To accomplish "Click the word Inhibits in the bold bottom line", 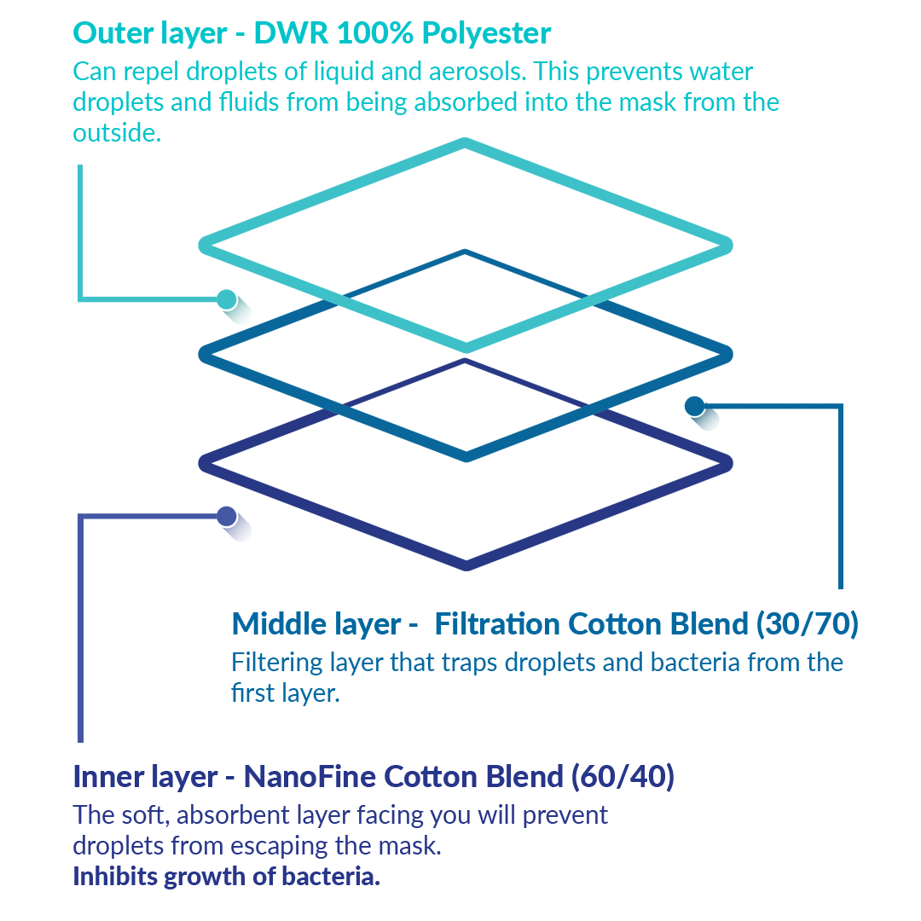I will point(115,877).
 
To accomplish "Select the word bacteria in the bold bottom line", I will point(337,877).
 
